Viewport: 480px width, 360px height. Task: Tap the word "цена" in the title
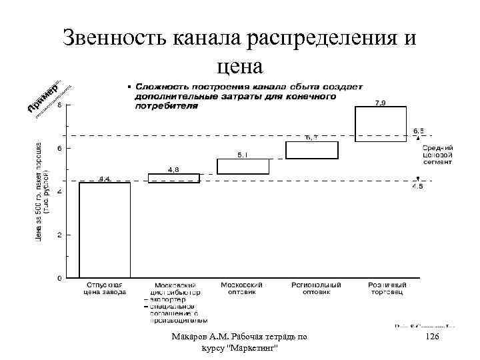pos(241,65)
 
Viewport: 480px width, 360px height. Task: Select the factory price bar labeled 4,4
pos(105,229)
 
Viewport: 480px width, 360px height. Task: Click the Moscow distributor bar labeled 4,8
pos(173,178)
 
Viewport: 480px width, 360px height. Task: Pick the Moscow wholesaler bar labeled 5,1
pos(243,167)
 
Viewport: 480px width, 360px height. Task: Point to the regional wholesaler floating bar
pos(312,150)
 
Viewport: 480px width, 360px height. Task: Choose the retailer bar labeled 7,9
pos(381,124)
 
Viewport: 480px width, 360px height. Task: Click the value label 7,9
pos(381,102)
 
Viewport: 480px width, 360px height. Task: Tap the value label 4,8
pos(173,169)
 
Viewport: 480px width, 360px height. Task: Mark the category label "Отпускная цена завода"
pos(105,288)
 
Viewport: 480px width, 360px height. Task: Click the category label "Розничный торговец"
pos(382,288)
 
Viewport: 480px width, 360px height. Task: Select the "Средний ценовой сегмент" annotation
pos(437,155)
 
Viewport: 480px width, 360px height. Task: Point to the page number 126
pos(431,339)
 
